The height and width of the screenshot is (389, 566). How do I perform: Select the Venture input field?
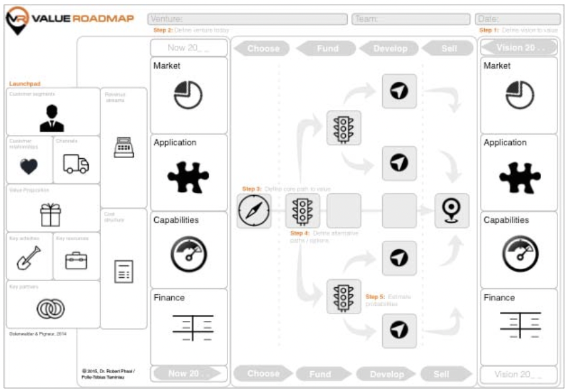[x=248, y=19]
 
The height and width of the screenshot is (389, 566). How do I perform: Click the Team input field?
[x=411, y=19]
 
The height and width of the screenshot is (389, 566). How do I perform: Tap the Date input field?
[x=517, y=19]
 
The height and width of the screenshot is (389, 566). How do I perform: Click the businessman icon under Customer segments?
[x=52, y=118]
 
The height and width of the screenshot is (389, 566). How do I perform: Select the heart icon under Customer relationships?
[x=29, y=166]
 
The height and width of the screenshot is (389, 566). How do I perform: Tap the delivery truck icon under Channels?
[x=76, y=163]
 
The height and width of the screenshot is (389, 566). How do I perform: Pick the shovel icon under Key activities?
[x=28, y=260]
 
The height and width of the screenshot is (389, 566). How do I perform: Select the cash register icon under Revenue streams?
[x=124, y=147]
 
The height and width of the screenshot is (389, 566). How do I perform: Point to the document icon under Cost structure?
[x=124, y=271]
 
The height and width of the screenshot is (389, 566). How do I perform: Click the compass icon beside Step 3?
[x=254, y=211]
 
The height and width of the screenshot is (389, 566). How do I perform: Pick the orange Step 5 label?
[x=374, y=297]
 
